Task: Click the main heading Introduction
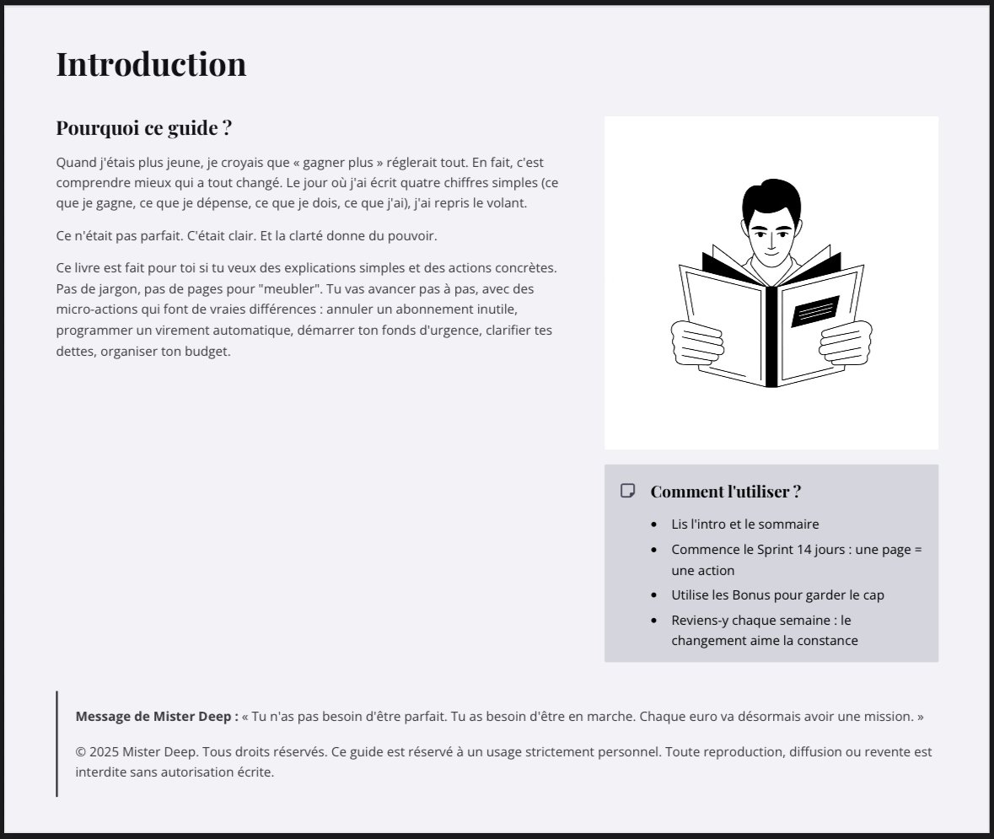point(151,64)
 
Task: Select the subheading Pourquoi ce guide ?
point(143,128)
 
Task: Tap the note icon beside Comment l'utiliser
point(627,491)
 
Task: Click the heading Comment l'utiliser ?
point(725,491)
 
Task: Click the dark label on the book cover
point(814,311)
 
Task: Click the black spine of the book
point(771,337)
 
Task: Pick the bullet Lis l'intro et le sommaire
point(744,524)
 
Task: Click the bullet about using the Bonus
point(777,594)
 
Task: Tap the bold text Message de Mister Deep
point(157,717)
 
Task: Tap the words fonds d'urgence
point(474,330)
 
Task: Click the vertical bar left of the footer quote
point(56,743)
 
